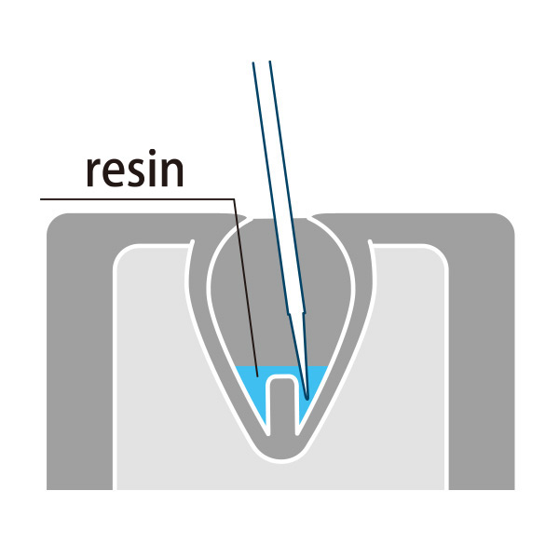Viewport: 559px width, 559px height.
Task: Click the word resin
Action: (135, 169)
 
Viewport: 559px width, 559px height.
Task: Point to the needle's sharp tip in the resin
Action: (307, 397)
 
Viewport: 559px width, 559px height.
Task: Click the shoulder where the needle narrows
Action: (296, 313)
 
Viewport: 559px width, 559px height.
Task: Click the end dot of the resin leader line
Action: (257, 375)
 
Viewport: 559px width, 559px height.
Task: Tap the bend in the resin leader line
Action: (234, 199)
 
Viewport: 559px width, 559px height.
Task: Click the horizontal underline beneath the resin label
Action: (137, 199)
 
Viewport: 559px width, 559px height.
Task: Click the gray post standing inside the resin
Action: (282, 406)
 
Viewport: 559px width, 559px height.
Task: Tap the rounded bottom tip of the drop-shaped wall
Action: (281, 459)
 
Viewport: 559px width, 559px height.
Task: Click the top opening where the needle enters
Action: (280, 217)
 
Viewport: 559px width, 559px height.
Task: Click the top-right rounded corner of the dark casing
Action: (504, 224)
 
